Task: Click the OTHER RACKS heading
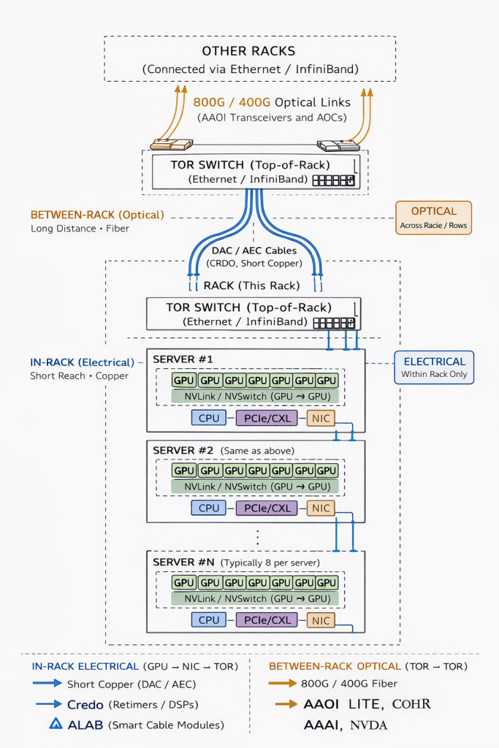[x=249, y=51]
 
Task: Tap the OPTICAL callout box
[x=433, y=218]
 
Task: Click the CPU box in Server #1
[x=209, y=418]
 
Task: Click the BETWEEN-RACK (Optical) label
[x=97, y=215]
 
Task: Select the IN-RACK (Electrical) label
[x=83, y=362]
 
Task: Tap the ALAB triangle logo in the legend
[x=56, y=725]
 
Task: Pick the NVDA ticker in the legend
[x=368, y=725]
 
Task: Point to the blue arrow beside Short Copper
[x=46, y=684]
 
